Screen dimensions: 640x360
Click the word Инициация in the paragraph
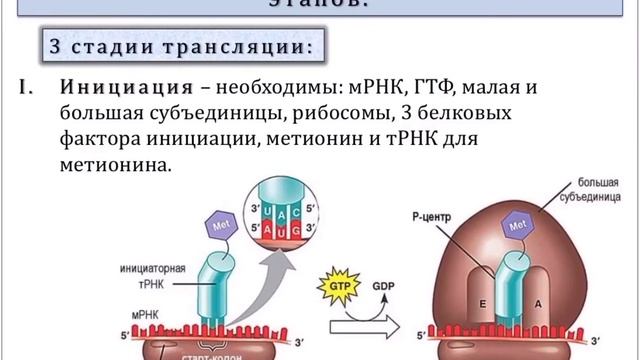tap(125, 87)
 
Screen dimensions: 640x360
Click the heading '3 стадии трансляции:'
tap(181, 46)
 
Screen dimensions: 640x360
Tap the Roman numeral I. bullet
tap(27, 87)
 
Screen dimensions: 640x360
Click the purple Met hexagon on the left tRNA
tap(223, 228)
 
